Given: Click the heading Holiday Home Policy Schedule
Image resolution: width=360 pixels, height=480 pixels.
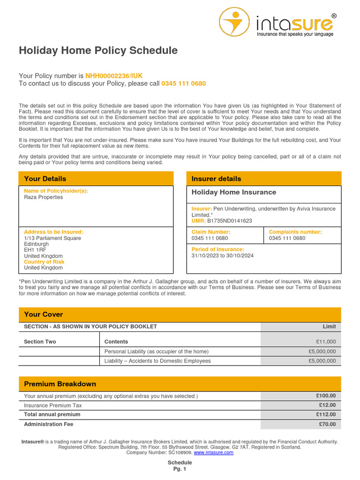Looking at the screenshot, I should (98, 51).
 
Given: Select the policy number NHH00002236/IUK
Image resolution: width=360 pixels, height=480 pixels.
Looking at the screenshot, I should (114, 75).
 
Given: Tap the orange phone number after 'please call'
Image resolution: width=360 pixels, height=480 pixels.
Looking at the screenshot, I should (183, 83).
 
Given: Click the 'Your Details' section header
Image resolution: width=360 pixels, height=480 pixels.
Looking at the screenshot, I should (45, 179).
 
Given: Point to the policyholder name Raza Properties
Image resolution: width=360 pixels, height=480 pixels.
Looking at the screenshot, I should (43, 197).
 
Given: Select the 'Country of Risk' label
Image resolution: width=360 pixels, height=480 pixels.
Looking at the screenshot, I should (44, 262).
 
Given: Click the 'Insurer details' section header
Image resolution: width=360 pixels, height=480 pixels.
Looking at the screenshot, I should (216, 179).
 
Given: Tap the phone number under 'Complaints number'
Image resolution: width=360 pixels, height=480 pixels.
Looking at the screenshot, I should (287, 238).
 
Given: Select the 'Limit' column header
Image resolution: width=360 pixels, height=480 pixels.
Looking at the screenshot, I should (329, 327).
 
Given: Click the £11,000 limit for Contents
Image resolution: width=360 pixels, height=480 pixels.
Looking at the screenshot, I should (326, 342).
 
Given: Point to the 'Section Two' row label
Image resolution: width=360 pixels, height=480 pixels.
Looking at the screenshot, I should (40, 342).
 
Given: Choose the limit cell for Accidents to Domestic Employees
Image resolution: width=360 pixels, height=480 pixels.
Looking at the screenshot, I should (322, 361).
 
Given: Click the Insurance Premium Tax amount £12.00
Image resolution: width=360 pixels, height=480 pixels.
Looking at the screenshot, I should (328, 405).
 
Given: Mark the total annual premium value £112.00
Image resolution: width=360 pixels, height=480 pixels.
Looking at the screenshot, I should (326, 414).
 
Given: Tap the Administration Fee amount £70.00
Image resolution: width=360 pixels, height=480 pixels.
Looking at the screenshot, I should (328, 424).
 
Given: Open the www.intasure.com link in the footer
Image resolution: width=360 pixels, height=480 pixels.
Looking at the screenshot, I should (214, 453).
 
